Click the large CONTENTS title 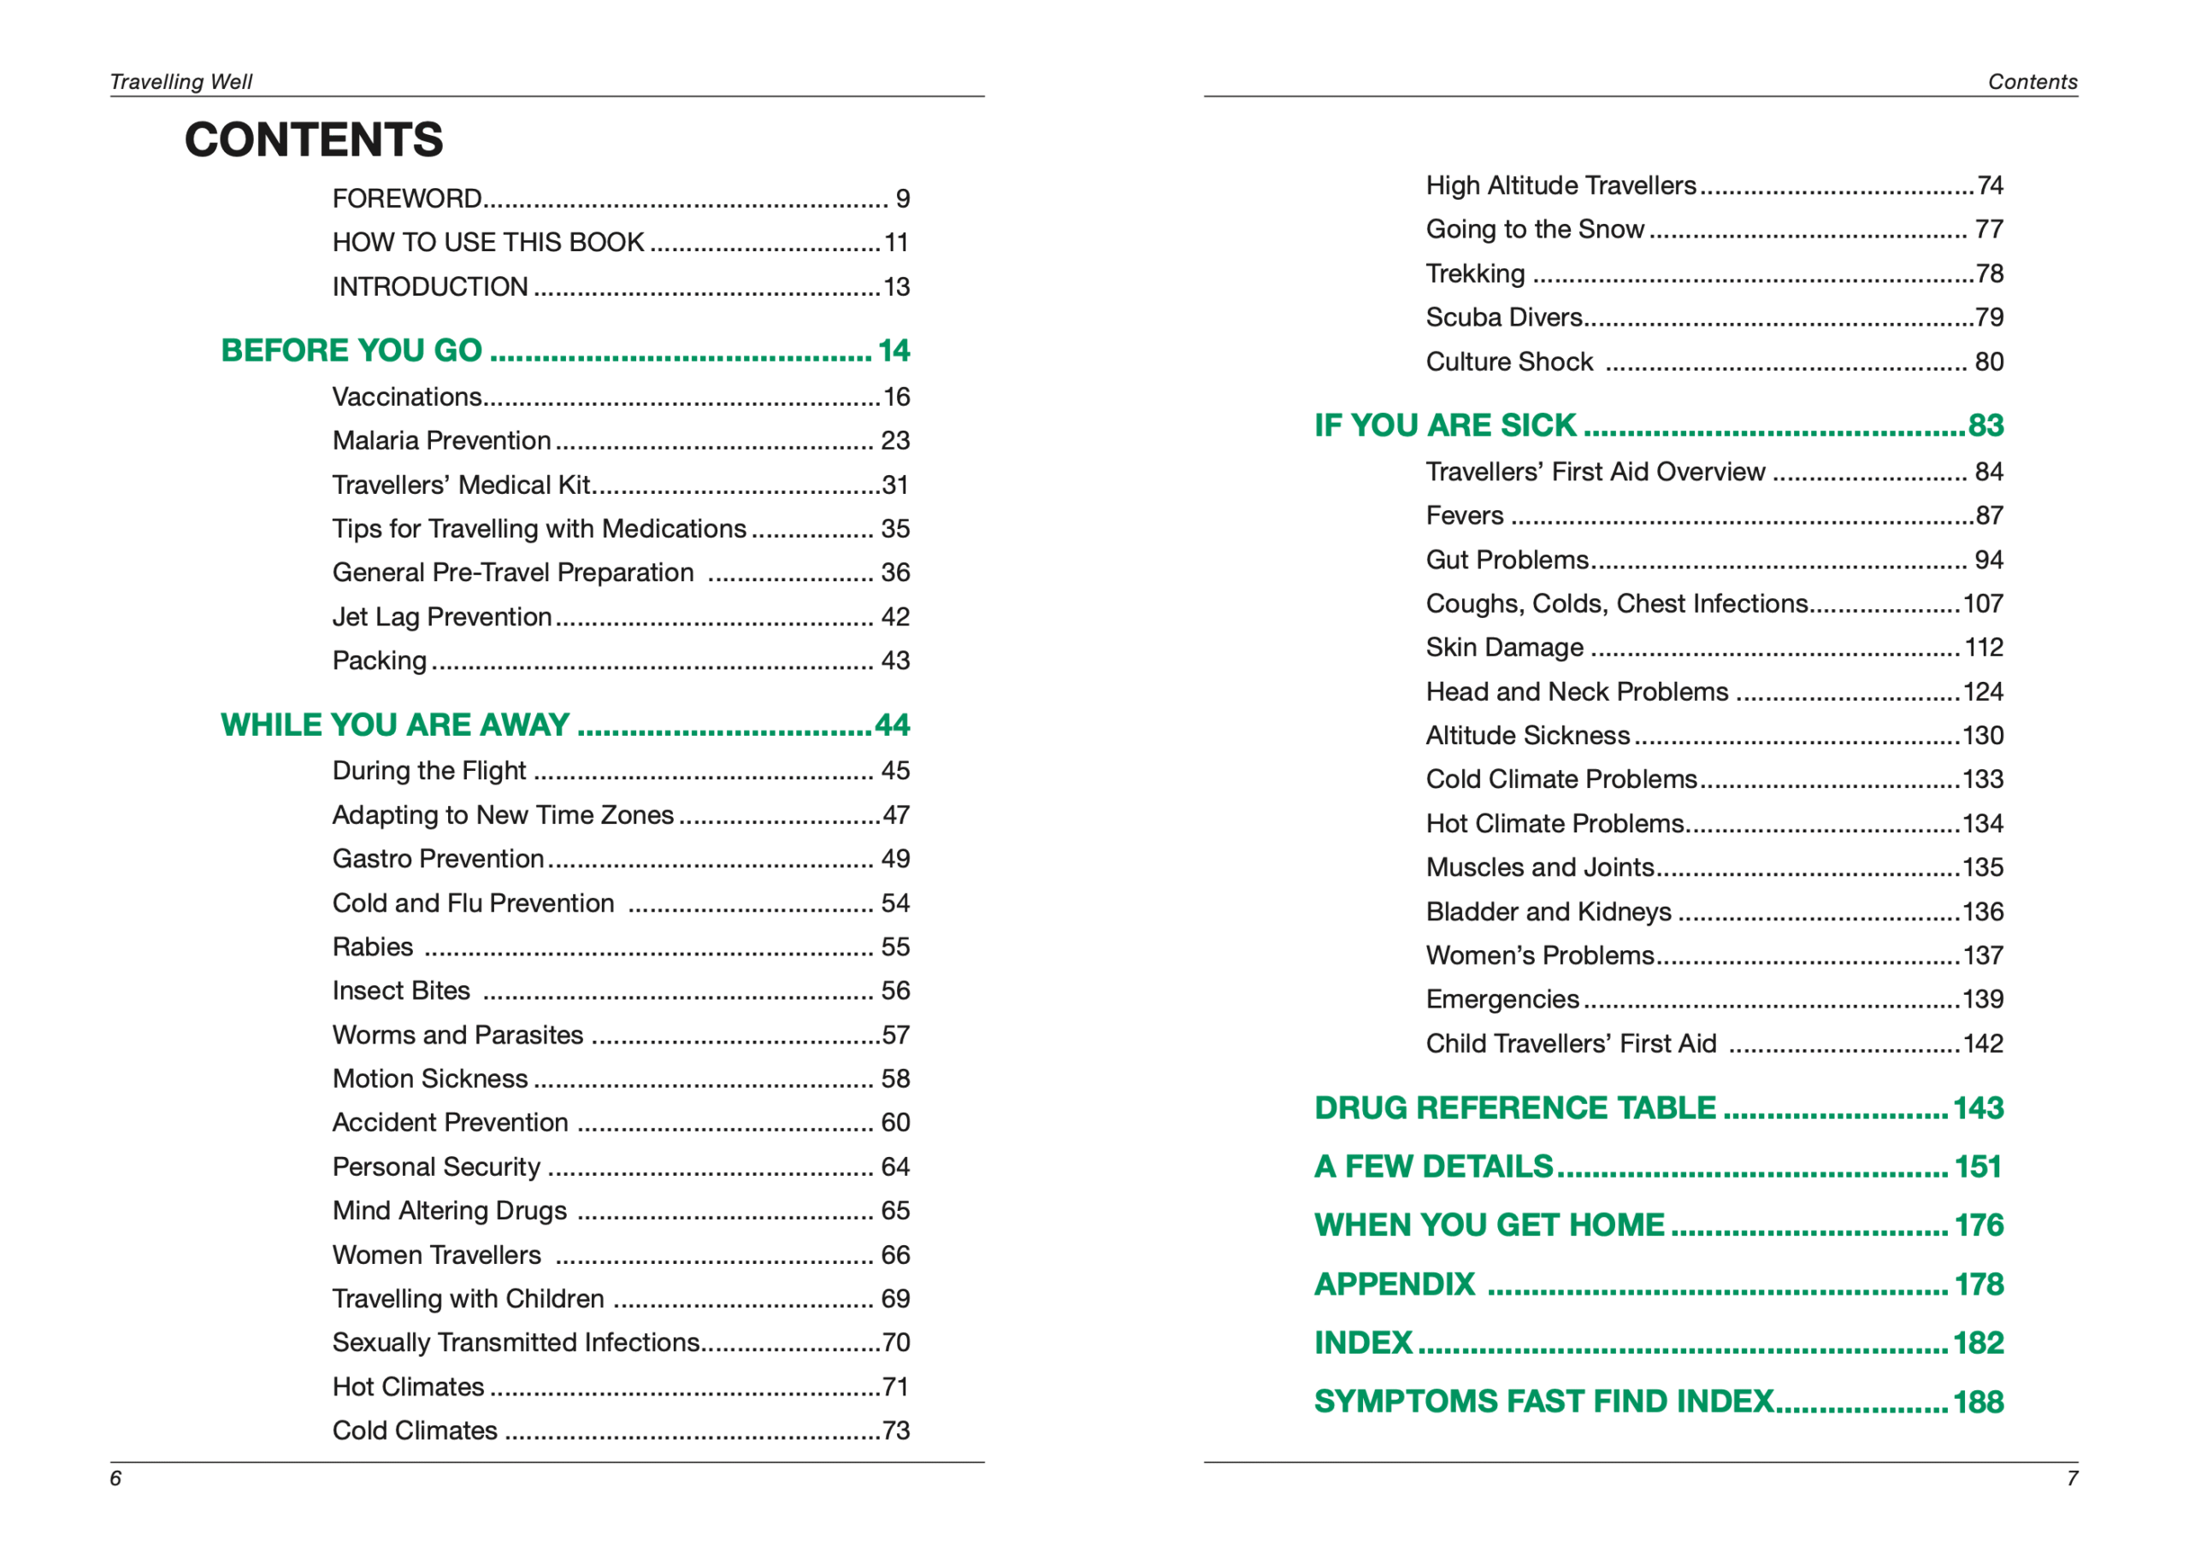(x=314, y=139)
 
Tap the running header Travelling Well (x=180, y=82)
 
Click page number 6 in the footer (x=115, y=1478)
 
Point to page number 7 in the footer (x=2072, y=1478)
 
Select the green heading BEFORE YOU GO (x=351, y=350)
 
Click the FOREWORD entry (x=407, y=198)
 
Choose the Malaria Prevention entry (x=441, y=440)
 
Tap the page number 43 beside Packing (x=894, y=661)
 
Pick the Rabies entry (x=373, y=947)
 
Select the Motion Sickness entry (x=430, y=1078)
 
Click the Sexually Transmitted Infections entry (x=516, y=1342)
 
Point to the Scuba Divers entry (x=1504, y=317)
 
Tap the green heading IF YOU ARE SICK (x=1445, y=425)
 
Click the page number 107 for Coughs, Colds (x=1983, y=603)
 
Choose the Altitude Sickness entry (x=1528, y=736)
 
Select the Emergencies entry (x=1502, y=999)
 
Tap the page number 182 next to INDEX (x=1978, y=1342)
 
